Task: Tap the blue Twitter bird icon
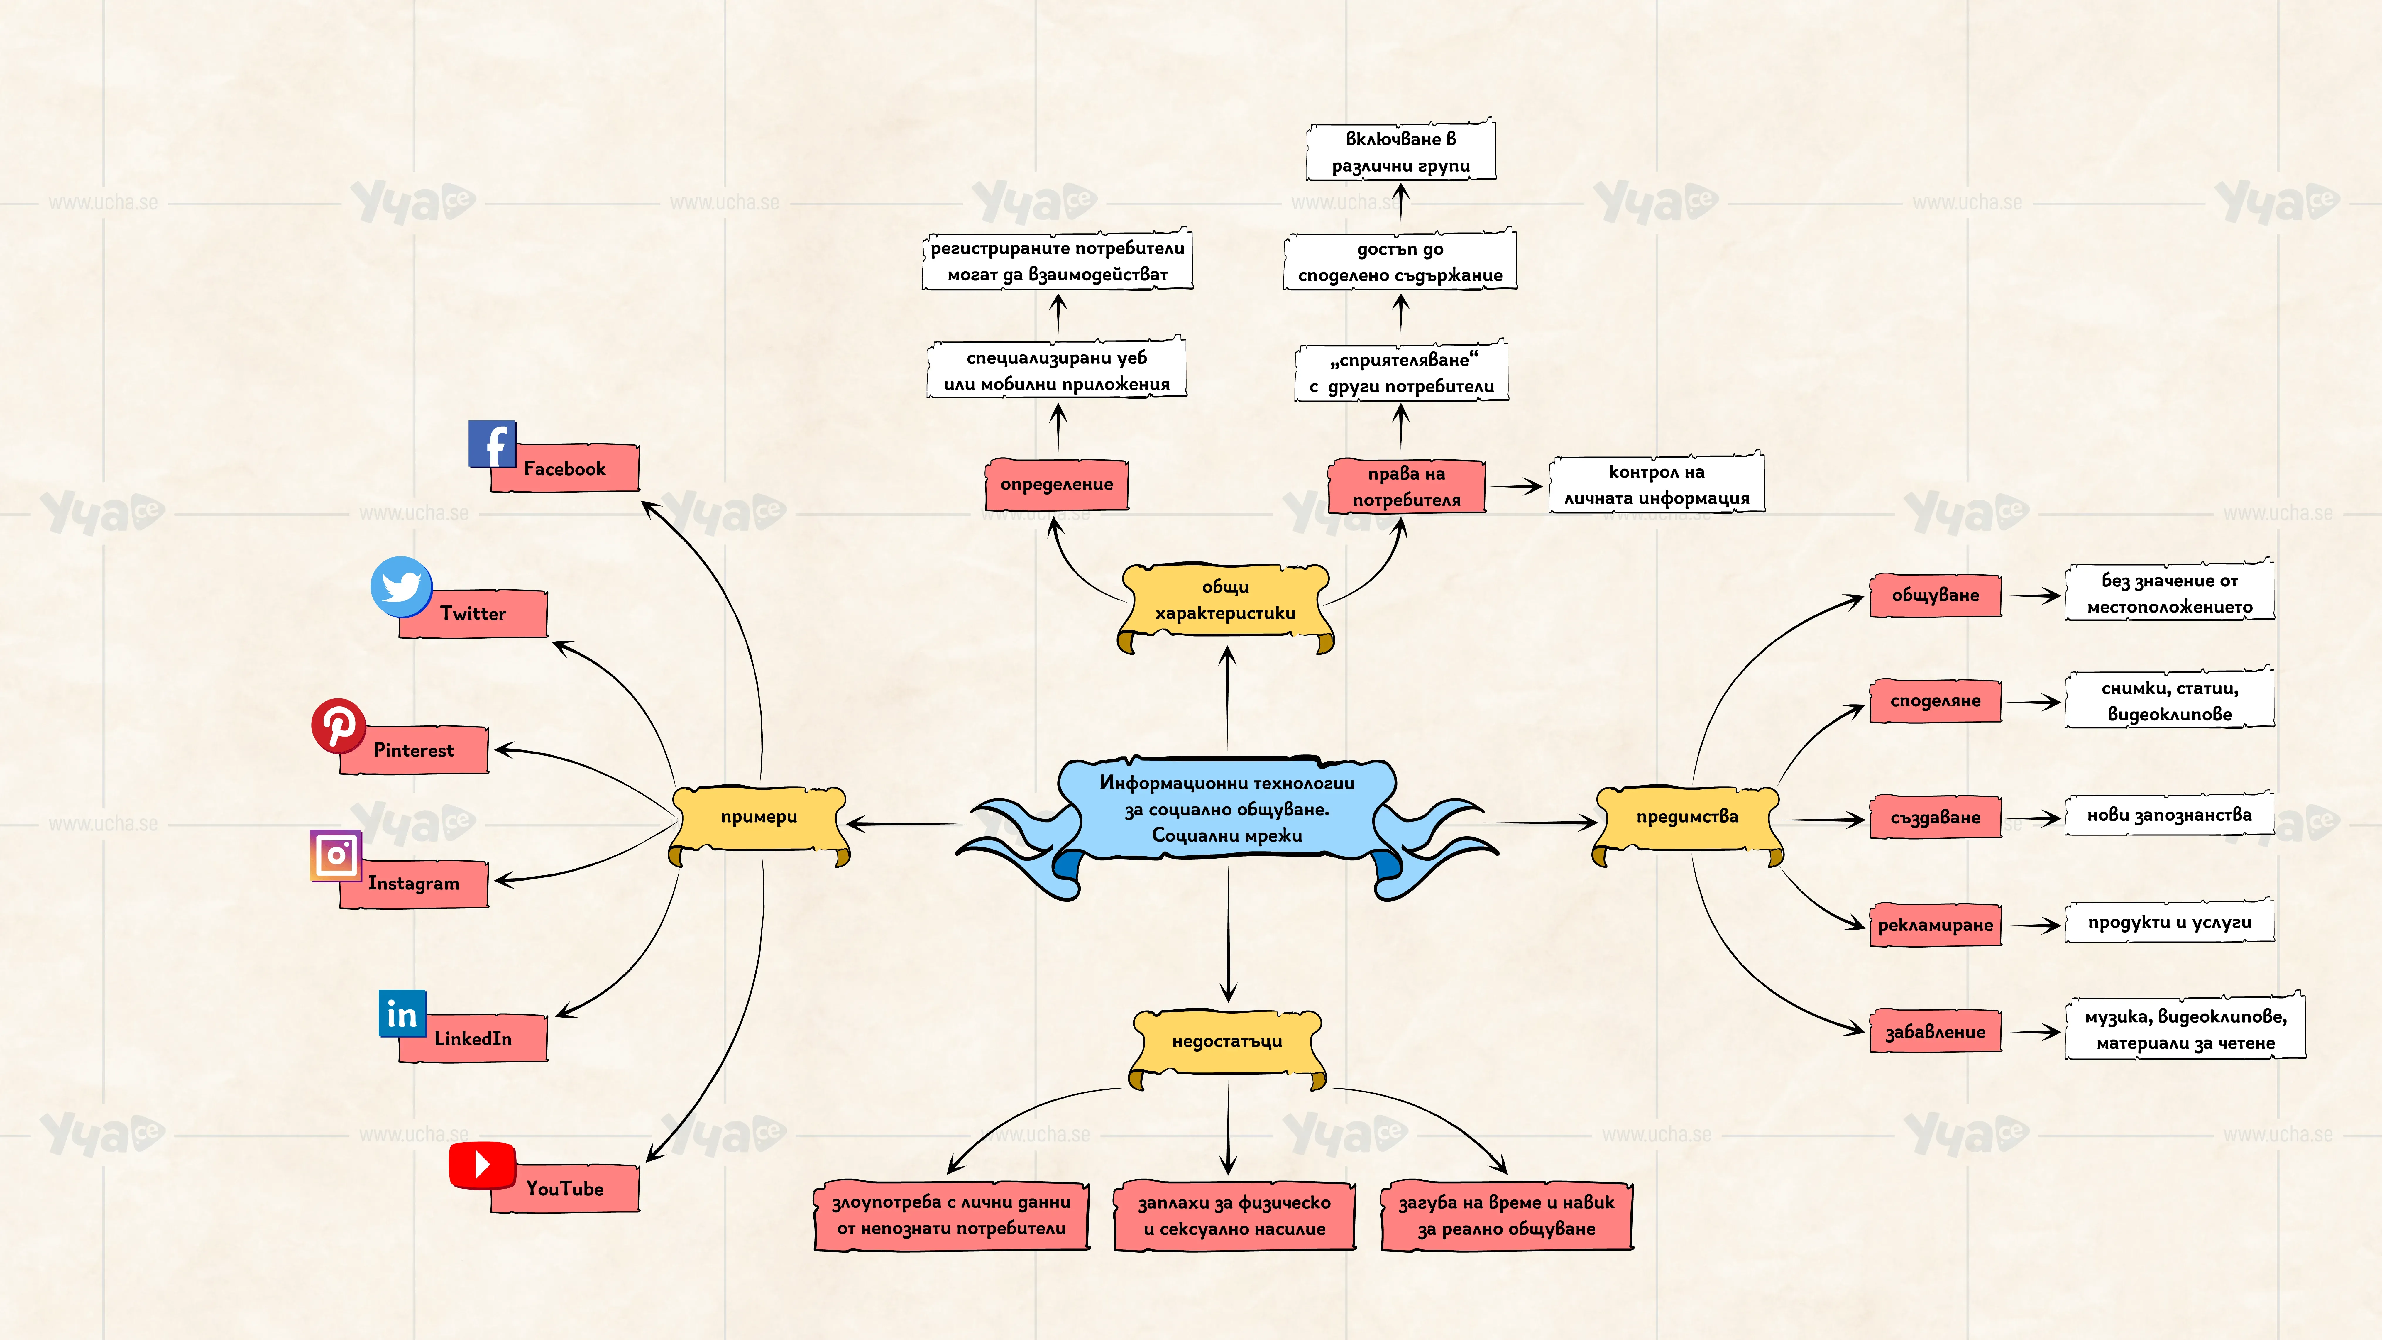[x=401, y=586]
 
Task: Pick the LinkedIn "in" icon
[x=402, y=1014]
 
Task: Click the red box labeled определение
[x=1057, y=484]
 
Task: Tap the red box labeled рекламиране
[x=1936, y=925]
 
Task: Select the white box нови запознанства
[x=2169, y=815]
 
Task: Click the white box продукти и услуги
[x=2169, y=922]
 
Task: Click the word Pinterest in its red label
[x=413, y=750]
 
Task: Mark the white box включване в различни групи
[x=1401, y=151]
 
